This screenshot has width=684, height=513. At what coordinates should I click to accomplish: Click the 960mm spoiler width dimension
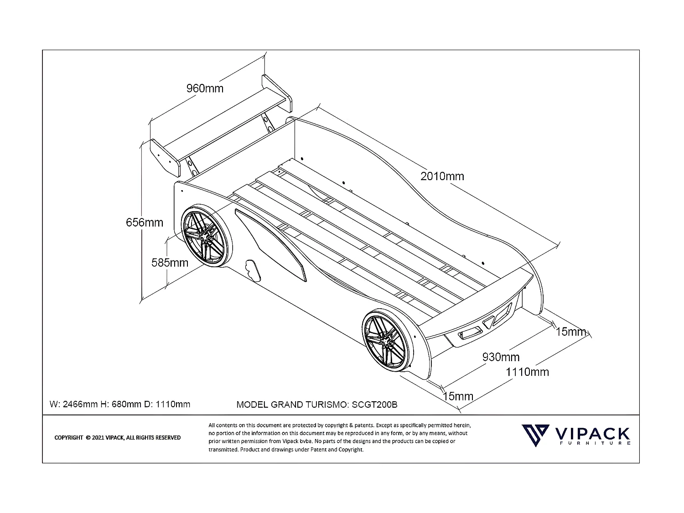tap(205, 88)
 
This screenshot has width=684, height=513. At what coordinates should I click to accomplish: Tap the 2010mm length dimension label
tap(442, 176)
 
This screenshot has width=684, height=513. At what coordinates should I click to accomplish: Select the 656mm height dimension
tap(144, 223)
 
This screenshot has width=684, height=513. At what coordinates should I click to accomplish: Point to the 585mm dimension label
tap(170, 263)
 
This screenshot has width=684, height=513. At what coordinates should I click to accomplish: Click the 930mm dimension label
tap(501, 357)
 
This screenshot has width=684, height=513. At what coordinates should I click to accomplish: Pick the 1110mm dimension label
tap(527, 372)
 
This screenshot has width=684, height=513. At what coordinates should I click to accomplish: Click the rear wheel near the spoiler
tap(206, 236)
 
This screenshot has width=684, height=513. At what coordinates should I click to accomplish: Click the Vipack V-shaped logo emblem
tap(535, 435)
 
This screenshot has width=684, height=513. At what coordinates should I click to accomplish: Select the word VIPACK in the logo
tap(592, 434)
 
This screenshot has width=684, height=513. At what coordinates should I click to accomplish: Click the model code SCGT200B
tap(374, 404)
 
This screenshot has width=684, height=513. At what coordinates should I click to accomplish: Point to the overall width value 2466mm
tap(80, 404)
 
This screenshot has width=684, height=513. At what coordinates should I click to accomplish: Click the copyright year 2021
tap(98, 438)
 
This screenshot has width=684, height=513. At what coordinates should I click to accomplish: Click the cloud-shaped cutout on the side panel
tap(253, 270)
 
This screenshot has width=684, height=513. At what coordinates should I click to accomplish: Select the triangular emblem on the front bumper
tap(488, 322)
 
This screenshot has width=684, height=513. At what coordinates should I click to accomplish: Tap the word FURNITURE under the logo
tap(595, 443)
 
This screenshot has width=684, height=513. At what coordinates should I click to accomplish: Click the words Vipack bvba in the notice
tap(297, 441)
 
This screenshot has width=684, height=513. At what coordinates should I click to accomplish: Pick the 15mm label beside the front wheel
tap(458, 396)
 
